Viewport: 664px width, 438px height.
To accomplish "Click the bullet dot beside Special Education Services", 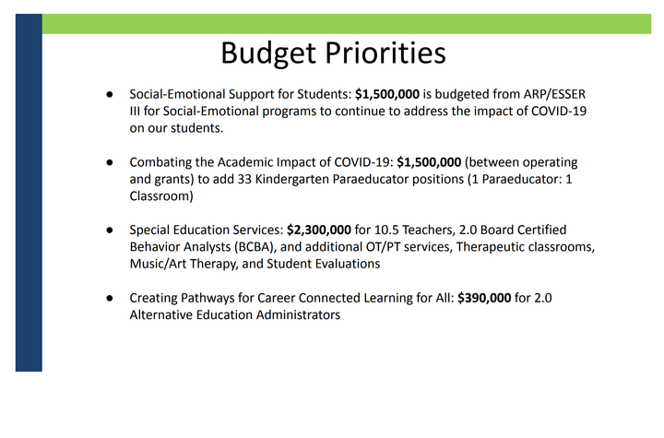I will click(x=109, y=230).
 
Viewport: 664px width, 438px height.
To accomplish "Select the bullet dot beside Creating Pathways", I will click(x=109, y=298).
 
